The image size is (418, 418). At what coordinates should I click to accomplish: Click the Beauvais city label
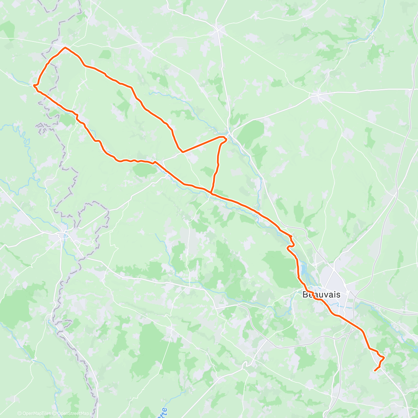click(321, 295)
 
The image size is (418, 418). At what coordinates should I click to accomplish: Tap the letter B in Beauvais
click(305, 295)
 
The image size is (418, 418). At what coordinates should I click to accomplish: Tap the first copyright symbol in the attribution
click(20, 413)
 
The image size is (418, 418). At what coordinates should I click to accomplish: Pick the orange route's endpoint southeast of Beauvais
click(375, 371)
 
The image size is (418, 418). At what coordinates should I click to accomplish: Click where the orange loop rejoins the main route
click(211, 192)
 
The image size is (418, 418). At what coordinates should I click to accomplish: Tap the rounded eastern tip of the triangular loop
click(226, 139)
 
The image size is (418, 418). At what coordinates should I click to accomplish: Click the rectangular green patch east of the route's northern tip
click(105, 54)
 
